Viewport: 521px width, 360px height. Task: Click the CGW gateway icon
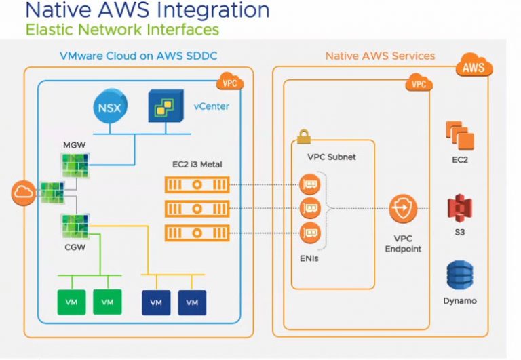coord(75,224)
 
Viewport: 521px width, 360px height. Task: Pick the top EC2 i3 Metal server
coord(197,184)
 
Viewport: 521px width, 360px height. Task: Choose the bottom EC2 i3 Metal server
coord(197,233)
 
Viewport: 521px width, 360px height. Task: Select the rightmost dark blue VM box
coord(192,302)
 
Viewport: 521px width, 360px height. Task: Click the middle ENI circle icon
coord(309,207)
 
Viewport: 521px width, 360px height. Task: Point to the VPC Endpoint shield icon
coord(403,207)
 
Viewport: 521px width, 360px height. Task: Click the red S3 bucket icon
coord(460,207)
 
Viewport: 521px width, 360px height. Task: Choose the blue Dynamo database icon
coord(460,275)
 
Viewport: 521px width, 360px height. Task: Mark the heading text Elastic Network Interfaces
coord(122,30)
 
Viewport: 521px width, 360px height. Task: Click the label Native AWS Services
coord(380,56)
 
